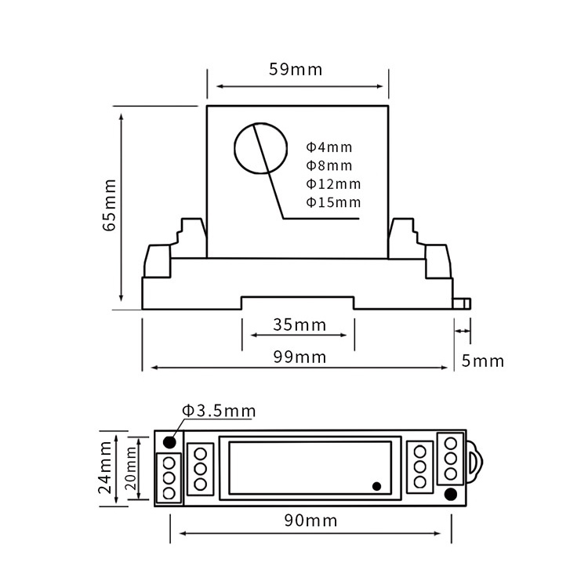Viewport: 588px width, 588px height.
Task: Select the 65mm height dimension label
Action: pyautogui.click(x=109, y=205)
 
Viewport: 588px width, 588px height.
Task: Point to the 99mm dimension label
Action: pyautogui.click(x=299, y=357)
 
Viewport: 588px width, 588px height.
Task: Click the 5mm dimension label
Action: pyautogui.click(x=482, y=361)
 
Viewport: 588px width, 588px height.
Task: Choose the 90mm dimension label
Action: pyautogui.click(x=311, y=521)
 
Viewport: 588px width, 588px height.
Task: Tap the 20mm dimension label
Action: pyautogui.click(x=131, y=468)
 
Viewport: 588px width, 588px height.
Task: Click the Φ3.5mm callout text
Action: pyautogui.click(x=219, y=411)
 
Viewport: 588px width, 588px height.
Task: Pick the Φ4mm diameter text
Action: pyautogui.click(x=329, y=147)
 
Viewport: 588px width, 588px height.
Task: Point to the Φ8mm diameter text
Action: pyautogui.click(x=329, y=165)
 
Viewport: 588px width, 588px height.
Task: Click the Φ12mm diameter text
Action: pyautogui.click(x=333, y=184)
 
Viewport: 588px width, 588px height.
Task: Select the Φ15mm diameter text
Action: pyautogui.click(x=333, y=202)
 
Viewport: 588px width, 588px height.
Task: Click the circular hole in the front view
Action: pyautogui.click(x=258, y=149)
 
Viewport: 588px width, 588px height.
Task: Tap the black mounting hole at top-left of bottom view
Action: pyautogui.click(x=169, y=441)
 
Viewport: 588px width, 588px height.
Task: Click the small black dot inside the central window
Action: pyautogui.click(x=376, y=486)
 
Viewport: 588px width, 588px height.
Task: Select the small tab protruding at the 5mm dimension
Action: pyautogui.click(x=463, y=303)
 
